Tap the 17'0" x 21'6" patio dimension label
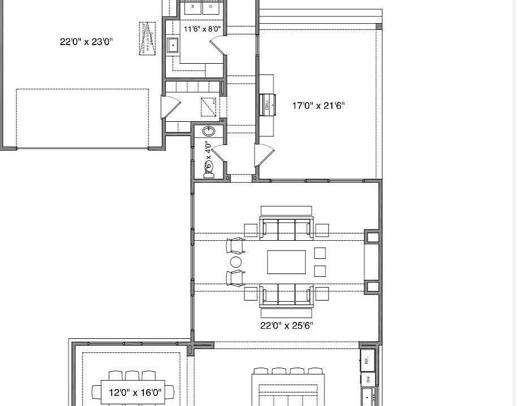click(318, 105)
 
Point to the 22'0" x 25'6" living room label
click(286, 325)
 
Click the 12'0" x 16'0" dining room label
click(135, 392)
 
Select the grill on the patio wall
click(268, 103)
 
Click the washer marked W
click(193, 7)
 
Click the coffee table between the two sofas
click(286, 262)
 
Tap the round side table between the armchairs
click(235, 262)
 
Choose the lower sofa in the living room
click(286, 297)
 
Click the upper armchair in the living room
click(236, 246)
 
